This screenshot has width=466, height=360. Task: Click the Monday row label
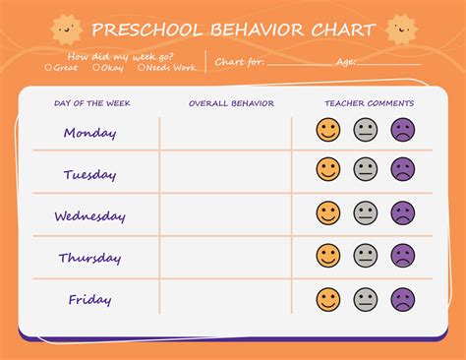point(89,133)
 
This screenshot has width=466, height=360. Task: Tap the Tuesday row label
point(89,175)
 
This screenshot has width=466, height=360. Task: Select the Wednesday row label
point(89,216)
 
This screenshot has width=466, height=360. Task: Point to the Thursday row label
point(89,258)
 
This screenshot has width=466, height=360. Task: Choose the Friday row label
point(89,299)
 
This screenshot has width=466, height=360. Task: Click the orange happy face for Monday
point(328,130)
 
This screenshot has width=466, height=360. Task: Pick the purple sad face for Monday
point(403,130)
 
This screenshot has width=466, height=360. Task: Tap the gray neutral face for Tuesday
point(366,169)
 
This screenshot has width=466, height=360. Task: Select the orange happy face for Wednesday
point(328,212)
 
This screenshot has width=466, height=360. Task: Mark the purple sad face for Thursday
point(403,256)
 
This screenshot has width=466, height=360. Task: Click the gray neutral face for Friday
point(366,299)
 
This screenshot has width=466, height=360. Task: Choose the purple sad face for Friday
point(403,299)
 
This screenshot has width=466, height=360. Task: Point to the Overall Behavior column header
point(231,103)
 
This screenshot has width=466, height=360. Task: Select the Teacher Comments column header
point(369,103)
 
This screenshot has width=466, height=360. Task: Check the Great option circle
point(48,68)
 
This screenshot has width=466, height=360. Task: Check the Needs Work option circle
point(142,68)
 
